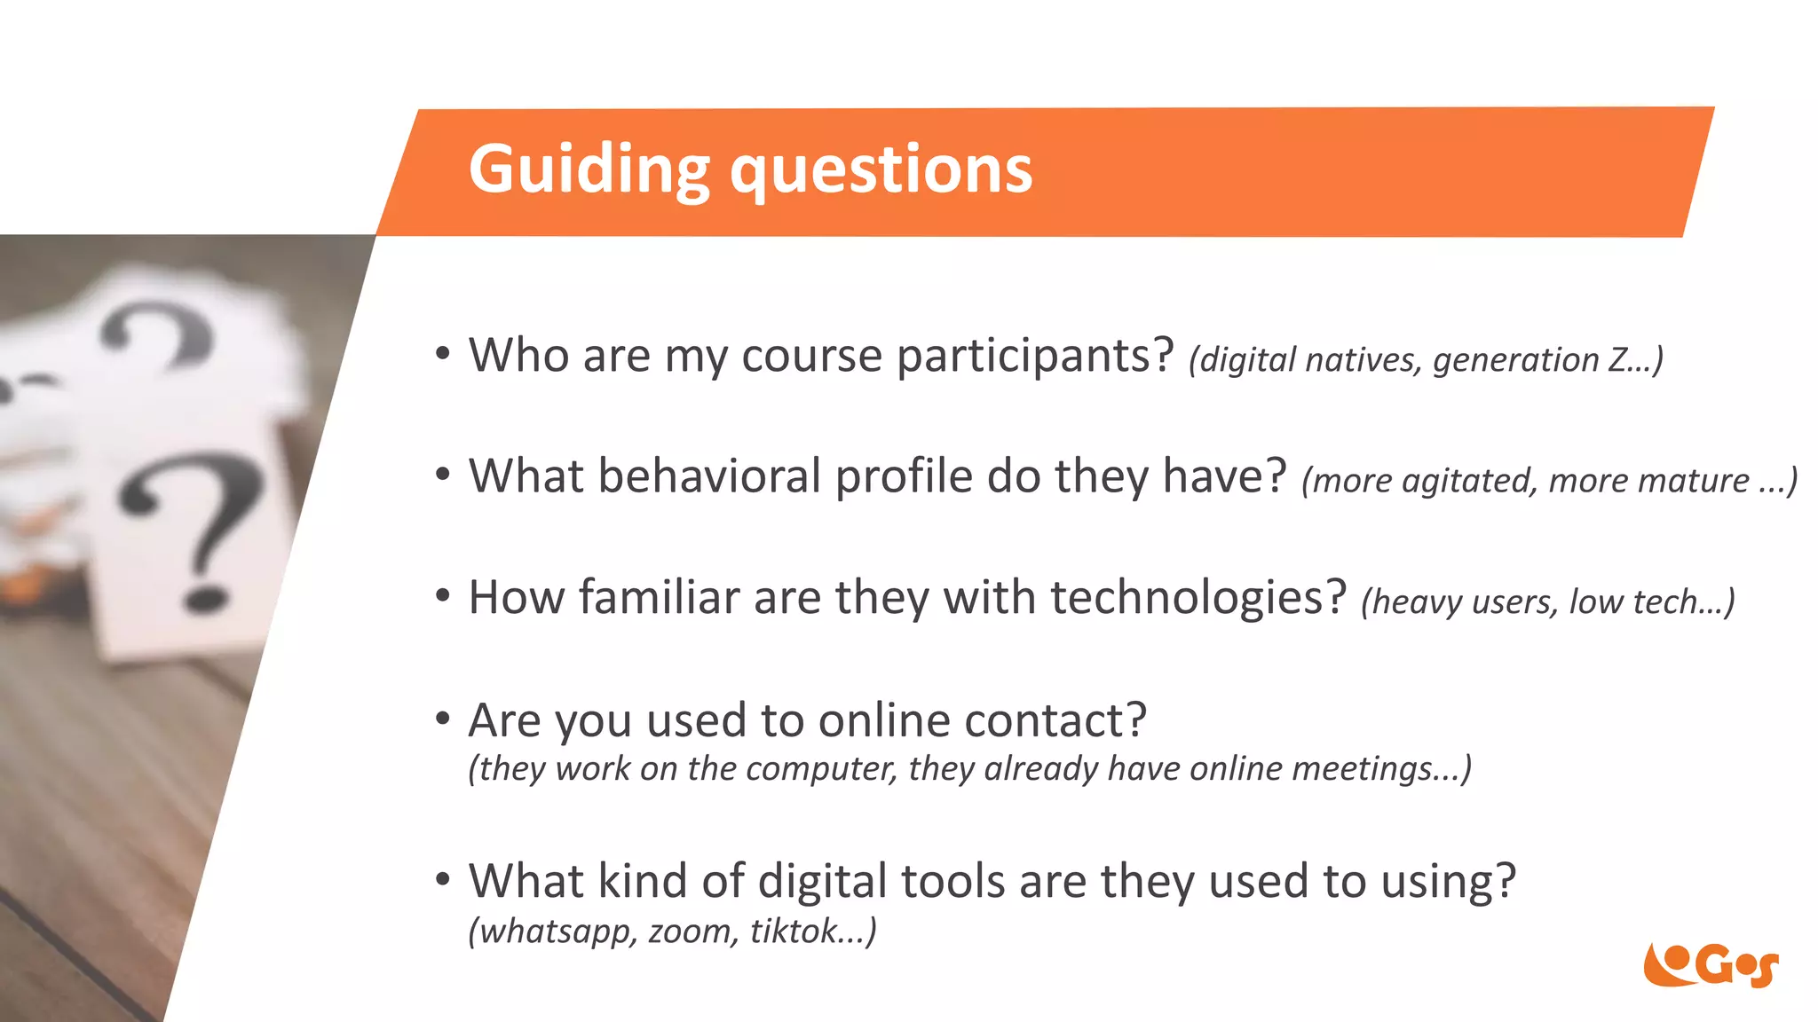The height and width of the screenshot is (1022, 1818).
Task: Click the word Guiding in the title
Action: coord(589,169)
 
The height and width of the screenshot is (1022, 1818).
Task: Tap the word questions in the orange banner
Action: coord(881,169)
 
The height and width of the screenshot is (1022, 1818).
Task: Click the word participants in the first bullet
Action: coord(1035,357)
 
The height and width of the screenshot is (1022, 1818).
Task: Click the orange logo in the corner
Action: coord(1710,964)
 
